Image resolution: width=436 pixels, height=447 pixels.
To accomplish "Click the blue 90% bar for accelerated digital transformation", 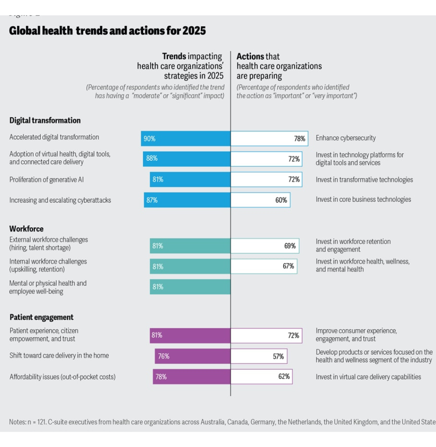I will (185, 139).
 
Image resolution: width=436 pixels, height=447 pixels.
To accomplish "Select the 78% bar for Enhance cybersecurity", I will (269, 139).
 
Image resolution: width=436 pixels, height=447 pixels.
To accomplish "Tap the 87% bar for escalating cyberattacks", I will (187, 200).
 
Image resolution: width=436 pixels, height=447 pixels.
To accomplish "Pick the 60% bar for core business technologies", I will (260, 200).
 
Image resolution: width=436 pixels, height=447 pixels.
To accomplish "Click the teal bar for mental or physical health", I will (190, 287).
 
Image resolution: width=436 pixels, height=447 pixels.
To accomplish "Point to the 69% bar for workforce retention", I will (265, 246).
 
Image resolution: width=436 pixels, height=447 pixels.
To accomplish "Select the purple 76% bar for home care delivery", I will (193, 356).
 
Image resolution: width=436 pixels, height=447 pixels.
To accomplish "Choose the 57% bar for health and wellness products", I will (259, 356).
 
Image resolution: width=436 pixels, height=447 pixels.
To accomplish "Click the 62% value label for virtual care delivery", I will (284, 377).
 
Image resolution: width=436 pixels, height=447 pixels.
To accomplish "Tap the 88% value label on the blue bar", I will (152, 159).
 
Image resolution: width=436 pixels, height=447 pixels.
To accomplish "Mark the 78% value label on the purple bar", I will (161, 377).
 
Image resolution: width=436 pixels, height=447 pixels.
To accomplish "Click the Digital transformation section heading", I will (45, 120).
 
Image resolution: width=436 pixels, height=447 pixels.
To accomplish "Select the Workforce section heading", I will (26, 228).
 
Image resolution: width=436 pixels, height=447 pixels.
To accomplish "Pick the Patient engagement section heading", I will (41, 317).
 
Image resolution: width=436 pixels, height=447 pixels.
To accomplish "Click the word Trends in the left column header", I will (174, 56).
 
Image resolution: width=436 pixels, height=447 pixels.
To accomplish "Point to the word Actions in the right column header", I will (250, 56).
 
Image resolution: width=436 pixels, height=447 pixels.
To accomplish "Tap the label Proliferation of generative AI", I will (47, 179).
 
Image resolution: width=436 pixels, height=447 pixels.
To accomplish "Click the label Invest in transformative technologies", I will (364, 179).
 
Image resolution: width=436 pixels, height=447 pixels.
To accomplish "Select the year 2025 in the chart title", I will (194, 31).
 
